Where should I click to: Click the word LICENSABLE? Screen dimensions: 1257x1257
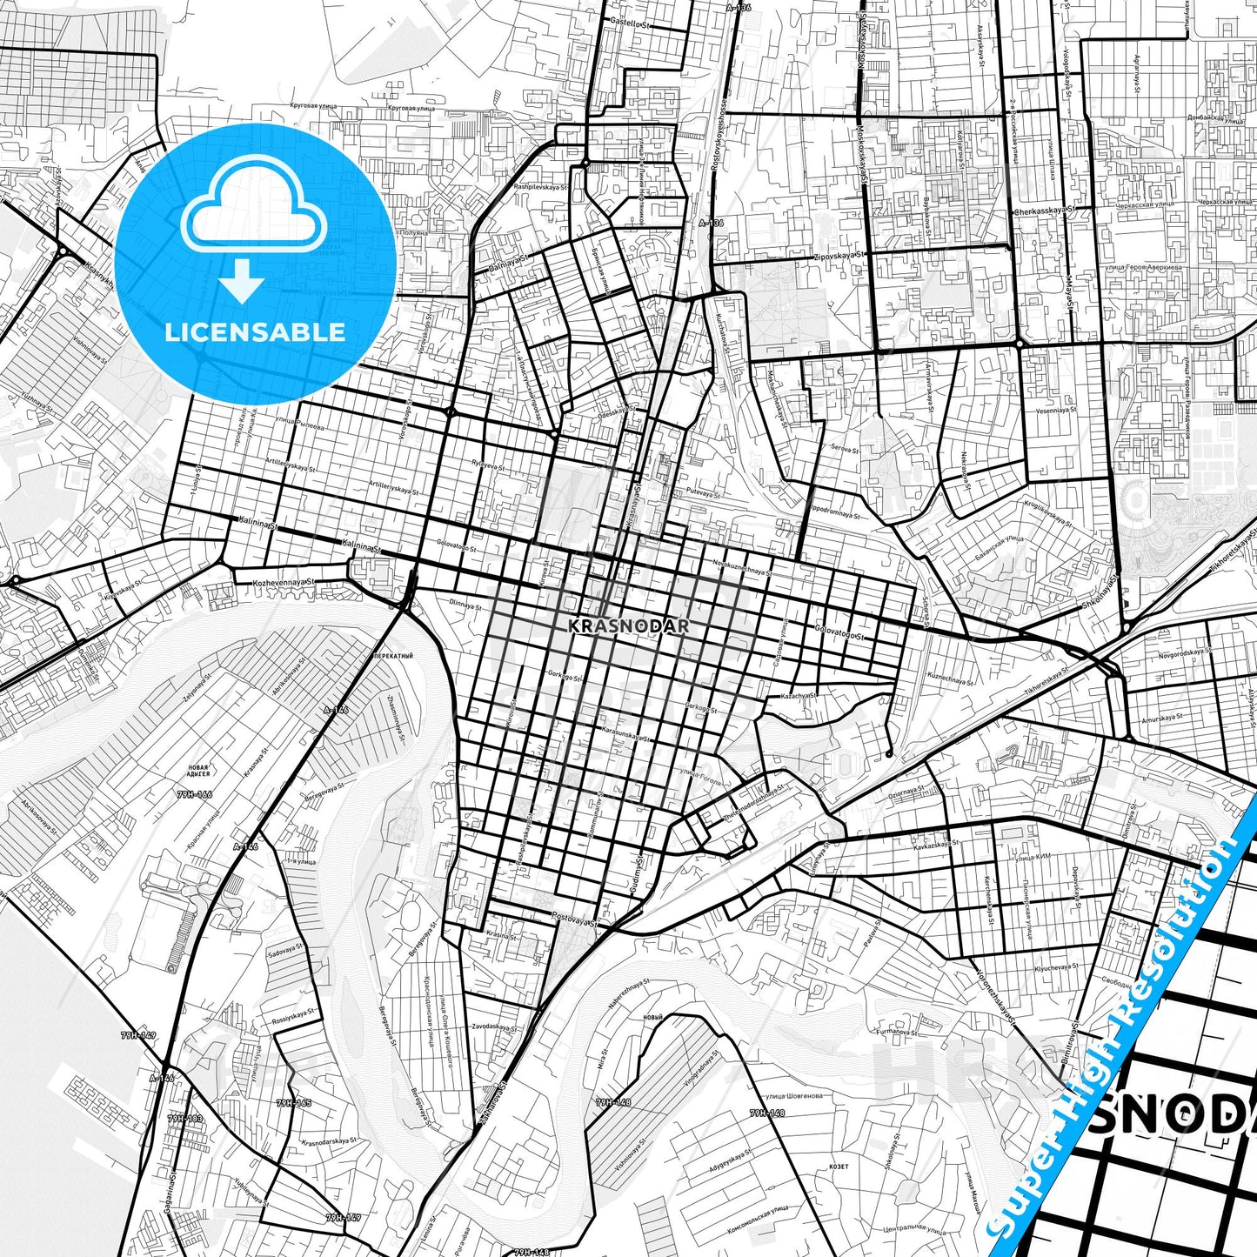click(254, 331)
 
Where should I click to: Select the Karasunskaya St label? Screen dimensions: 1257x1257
click(625, 735)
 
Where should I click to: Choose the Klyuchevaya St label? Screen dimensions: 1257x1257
click(1056, 966)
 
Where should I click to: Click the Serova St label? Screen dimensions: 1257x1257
click(844, 449)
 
